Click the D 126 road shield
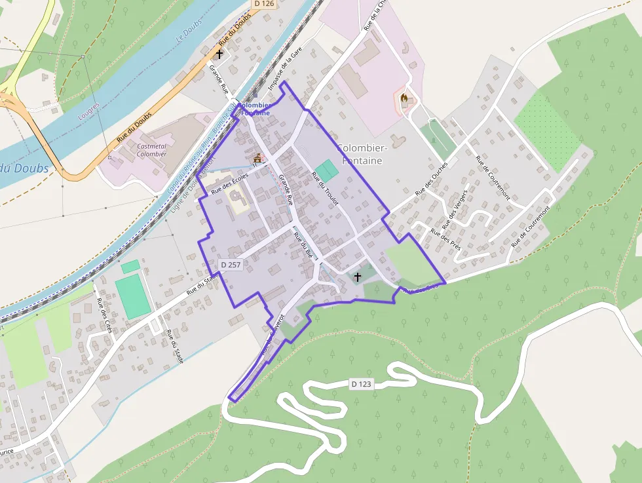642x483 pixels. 264,4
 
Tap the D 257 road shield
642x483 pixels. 231,264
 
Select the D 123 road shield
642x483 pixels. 361,384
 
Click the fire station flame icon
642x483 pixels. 405,100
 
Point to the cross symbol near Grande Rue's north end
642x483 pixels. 219,55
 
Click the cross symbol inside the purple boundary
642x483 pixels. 357,277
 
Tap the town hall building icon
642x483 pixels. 257,159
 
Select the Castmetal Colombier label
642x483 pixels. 151,150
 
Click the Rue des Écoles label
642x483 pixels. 231,184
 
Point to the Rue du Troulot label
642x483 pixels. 325,189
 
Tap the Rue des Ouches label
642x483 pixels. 431,178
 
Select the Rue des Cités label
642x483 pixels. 104,315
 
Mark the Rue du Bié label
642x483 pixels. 305,244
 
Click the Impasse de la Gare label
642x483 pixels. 280,72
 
